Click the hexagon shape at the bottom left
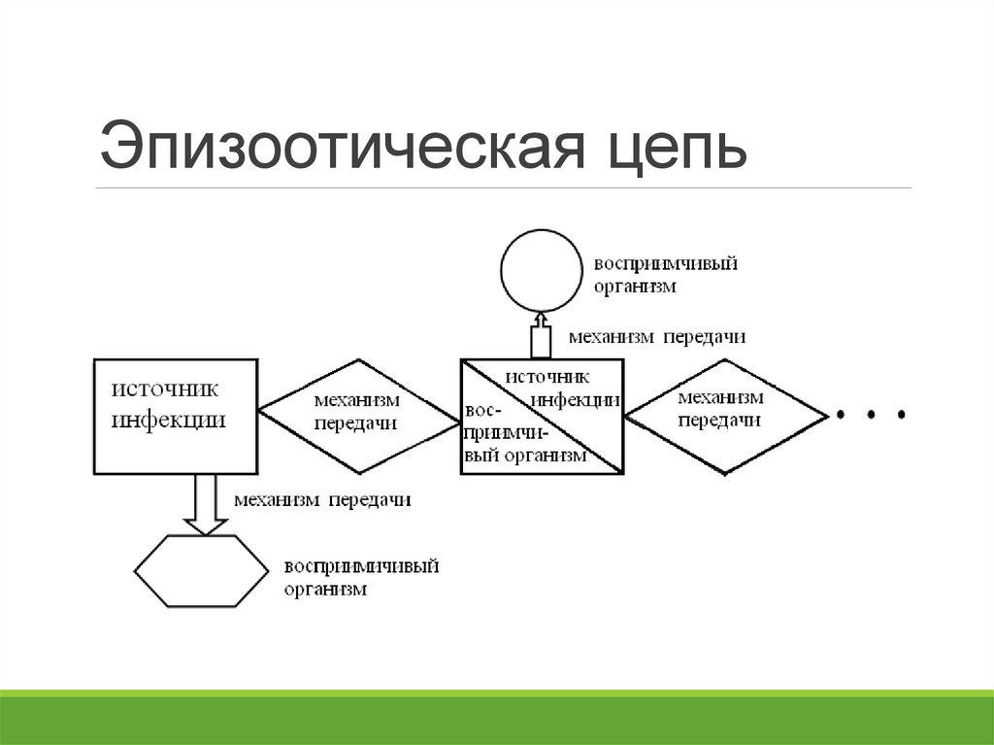(x=199, y=572)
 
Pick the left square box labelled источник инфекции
(x=176, y=416)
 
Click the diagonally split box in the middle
(x=542, y=417)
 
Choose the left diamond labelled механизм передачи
(x=358, y=417)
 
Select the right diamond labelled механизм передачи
(x=725, y=415)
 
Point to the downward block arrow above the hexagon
(x=204, y=503)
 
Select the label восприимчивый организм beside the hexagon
(x=361, y=577)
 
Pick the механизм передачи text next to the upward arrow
(x=656, y=337)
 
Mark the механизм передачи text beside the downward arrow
(x=322, y=500)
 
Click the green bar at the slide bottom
(x=497, y=719)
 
